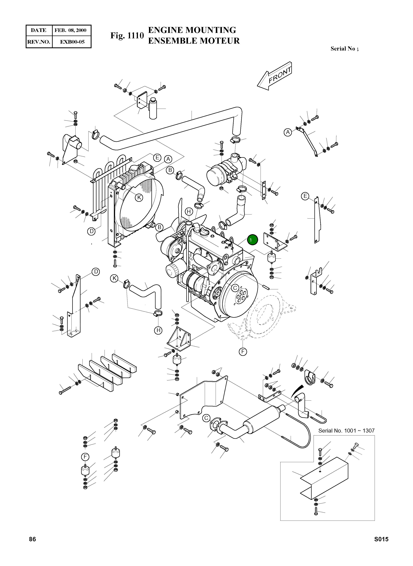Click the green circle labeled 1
point(252,240)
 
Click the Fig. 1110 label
point(127,36)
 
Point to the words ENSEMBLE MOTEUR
point(194,41)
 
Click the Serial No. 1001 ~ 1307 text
point(346,431)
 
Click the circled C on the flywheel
point(235,288)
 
